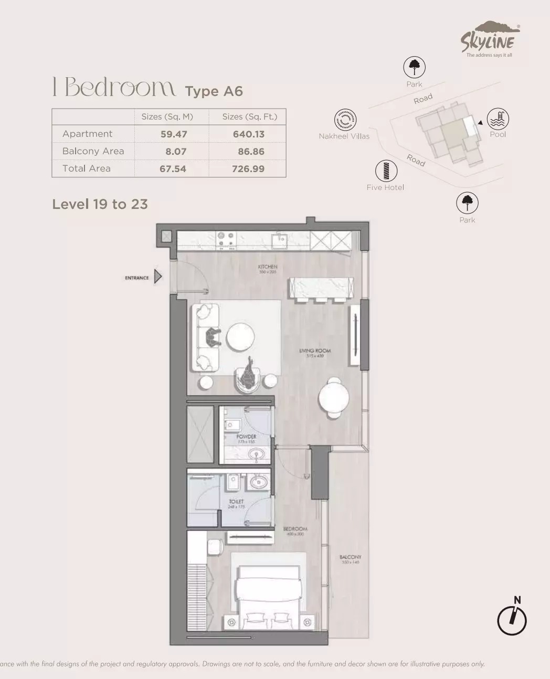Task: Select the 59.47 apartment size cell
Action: tap(174, 134)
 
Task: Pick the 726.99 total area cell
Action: tap(248, 169)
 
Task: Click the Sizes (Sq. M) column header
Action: tap(167, 116)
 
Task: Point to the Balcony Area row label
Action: tap(93, 151)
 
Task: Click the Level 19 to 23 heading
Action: tap(100, 204)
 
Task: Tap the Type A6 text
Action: tap(214, 91)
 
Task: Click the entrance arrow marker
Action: tap(158, 277)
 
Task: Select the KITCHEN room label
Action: tap(268, 267)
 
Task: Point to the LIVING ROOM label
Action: tap(315, 351)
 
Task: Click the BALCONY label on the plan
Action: tap(350, 557)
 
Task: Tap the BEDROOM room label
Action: tap(294, 529)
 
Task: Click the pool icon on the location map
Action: tap(498, 119)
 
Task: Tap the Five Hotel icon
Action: tap(386, 171)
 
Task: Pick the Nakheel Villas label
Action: tap(344, 136)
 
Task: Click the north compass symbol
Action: tap(512, 620)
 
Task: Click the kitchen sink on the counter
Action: tap(279, 240)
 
